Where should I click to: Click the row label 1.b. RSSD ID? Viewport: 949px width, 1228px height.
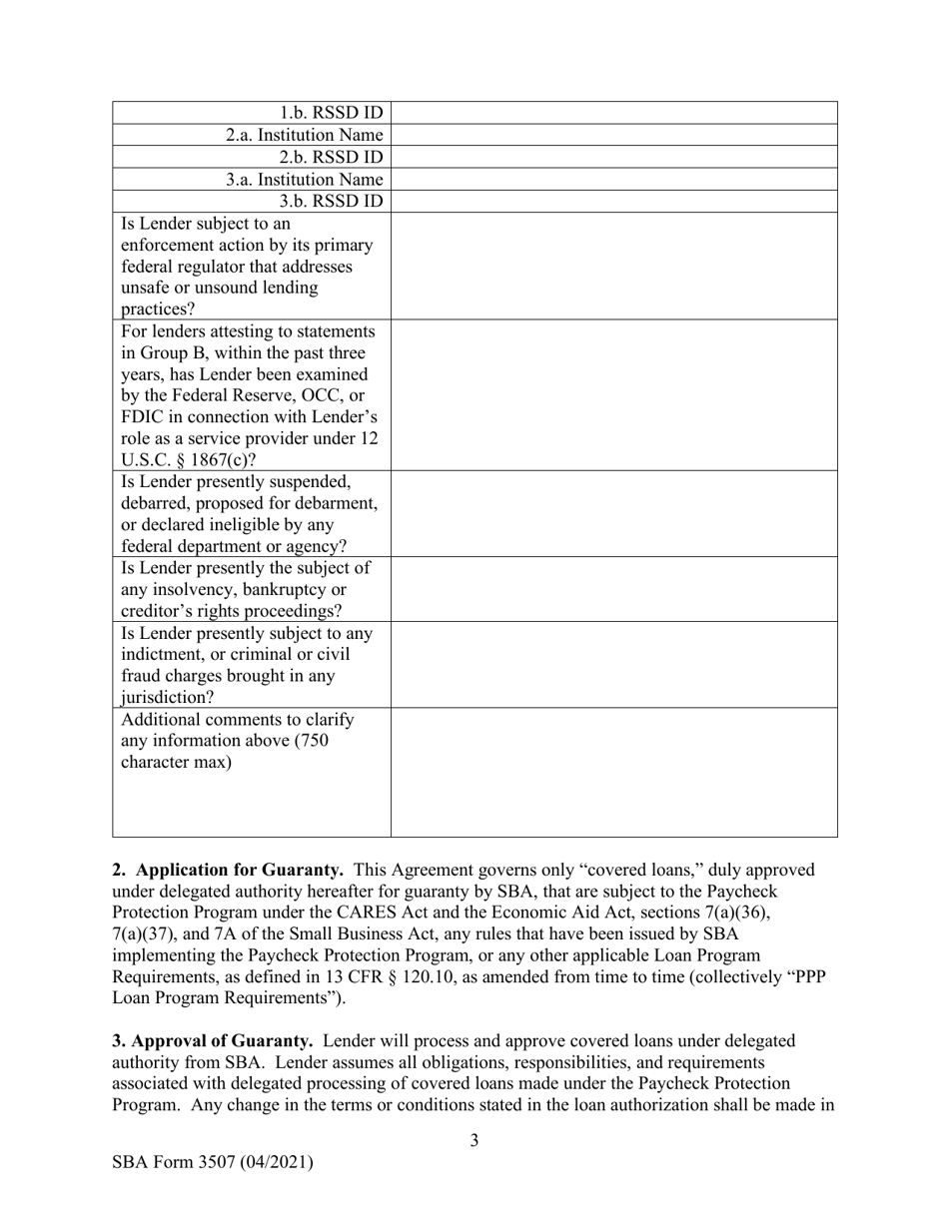(x=331, y=113)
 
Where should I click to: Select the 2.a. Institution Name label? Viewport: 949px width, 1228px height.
(x=304, y=135)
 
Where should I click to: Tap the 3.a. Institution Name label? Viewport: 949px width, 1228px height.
(x=304, y=180)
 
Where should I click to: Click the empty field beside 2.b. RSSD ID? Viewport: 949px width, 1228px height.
(x=613, y=158)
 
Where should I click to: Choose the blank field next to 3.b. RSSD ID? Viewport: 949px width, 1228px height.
(x=613, y=202)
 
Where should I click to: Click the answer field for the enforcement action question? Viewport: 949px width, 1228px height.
(x=613, y=266)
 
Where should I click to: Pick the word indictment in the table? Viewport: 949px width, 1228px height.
(x=166, y=655)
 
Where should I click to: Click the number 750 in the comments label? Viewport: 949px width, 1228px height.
(x=313, y=742)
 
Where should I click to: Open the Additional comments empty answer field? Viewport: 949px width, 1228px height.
(x=613, y=772)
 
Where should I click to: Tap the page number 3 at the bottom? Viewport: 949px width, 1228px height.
(x=474, y=1141)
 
